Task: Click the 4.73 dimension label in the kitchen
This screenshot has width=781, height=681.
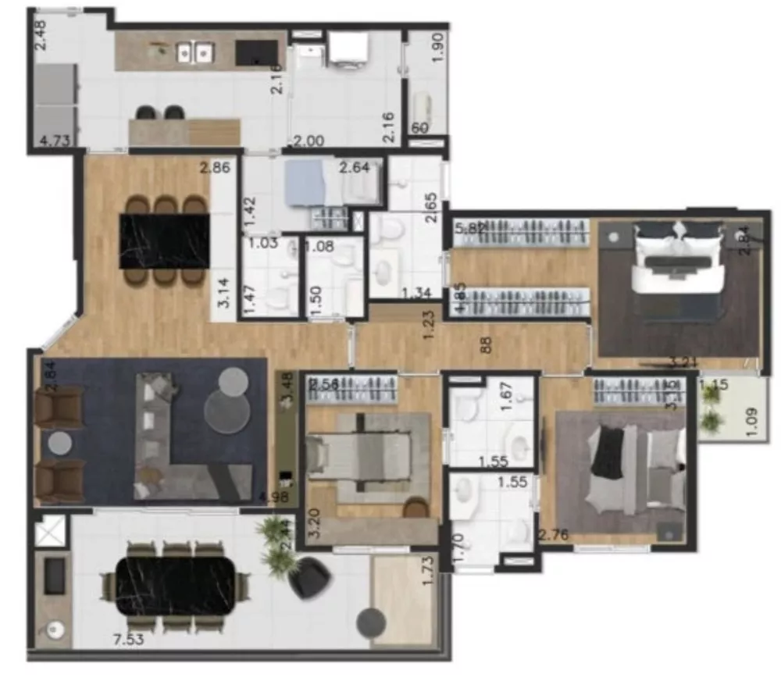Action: tap(55, 141)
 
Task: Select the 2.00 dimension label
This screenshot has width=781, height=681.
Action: tap(308, 141)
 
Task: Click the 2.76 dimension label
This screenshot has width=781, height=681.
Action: tap(554, 535)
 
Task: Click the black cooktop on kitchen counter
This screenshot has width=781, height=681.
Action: tap(257, 52)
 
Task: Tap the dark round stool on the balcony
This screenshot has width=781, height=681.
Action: tap(371, 622)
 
